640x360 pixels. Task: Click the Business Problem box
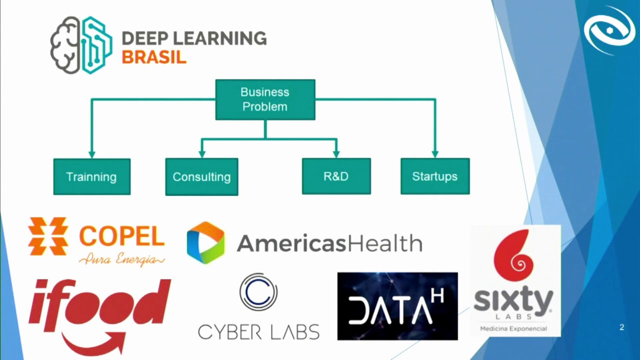pos(265,99)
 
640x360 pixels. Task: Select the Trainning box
pos(92,177)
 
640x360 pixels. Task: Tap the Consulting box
pos(201,177)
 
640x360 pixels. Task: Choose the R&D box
pos(336,176)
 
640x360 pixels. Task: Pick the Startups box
pos(435,176)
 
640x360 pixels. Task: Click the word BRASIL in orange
pos(154,57)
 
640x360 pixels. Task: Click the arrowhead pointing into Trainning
pos(91,154)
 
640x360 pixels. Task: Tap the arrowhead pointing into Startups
pos(435,154)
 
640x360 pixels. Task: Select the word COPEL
pos(122,236)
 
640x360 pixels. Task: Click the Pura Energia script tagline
pos(122,259)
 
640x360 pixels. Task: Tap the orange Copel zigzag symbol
pos(48,236)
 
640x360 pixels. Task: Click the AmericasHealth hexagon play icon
pos(205,242)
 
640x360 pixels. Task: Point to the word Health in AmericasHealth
pos(385,243)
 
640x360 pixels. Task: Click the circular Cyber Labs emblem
pos(258,291)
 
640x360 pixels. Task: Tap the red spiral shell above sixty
pos(513,255)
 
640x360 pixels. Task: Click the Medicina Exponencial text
pos(513,329)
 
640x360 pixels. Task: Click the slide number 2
pos(621,327)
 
